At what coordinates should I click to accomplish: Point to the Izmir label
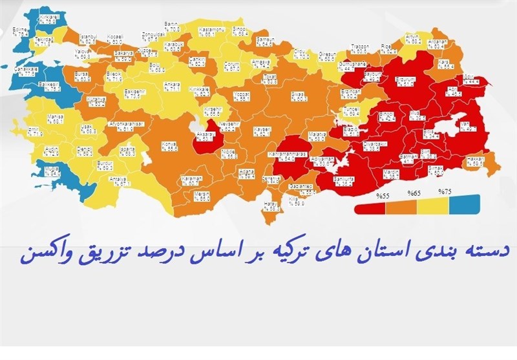[34, 132]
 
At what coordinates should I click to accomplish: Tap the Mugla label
[54, 171]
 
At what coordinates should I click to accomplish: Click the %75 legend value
[445, 192]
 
